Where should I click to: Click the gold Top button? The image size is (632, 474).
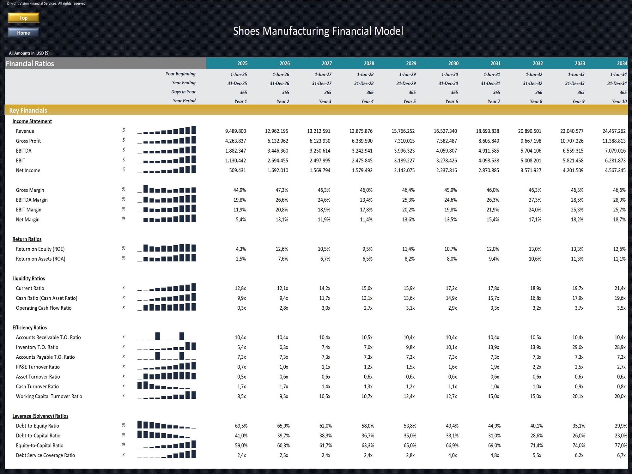(23, 18)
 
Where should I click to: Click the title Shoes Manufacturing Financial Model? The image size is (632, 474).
(318, 31)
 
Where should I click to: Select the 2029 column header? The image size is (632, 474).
(411, 64)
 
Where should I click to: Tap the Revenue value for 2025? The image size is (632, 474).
(235, 131)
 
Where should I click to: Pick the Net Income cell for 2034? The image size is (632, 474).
(615, 170)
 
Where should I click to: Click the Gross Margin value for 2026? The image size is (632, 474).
(282, 190)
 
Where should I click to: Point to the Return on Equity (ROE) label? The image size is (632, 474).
(40, 249)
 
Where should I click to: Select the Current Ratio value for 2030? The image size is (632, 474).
(451, 289)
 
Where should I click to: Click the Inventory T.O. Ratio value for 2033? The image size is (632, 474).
(578, 347)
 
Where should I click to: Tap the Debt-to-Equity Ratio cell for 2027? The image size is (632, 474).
(325, 426)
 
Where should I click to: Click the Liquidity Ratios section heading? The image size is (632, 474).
(29, 278)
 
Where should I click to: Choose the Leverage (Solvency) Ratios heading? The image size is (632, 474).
(40, 416)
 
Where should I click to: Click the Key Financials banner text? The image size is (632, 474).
(28, 110)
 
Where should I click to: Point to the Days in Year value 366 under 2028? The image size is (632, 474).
(370, 93)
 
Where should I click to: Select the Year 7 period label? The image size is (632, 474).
(494, 101)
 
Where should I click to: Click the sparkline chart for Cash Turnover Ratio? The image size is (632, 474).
(167, 386)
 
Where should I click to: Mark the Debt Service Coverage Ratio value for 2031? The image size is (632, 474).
(495, 455)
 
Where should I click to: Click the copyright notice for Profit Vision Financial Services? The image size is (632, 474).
(46, 3)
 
